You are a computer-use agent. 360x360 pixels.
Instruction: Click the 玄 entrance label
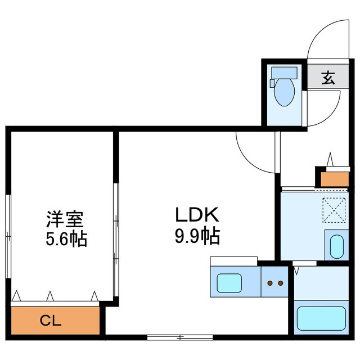point(328,78)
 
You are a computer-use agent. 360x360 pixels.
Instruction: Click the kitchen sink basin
point(229,282)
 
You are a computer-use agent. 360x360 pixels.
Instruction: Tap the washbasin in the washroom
point(336,246)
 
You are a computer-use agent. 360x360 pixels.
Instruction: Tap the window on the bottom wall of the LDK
point(180,337)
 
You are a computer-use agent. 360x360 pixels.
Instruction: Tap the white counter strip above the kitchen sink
point(233,261)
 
